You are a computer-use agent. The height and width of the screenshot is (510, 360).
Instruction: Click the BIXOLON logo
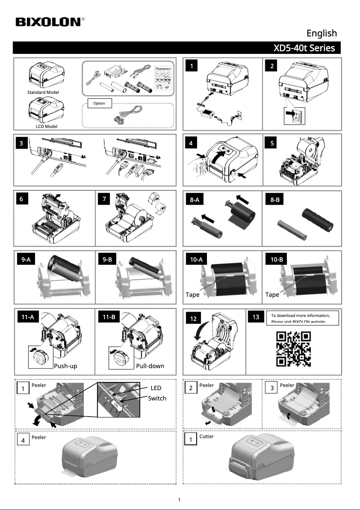[x=50, y=22]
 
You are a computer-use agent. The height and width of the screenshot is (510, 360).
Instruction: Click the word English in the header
[x=321, y=33]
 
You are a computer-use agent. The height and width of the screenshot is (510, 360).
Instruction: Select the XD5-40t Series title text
[x=304, y=48]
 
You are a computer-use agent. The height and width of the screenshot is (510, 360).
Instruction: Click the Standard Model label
[x=43, y=92]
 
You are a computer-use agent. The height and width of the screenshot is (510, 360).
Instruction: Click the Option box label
[x=99, y=103]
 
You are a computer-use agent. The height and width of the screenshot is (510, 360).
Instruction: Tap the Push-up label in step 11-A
[x=66, y=366]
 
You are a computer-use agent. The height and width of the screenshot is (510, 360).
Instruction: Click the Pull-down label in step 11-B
[x=150, y=366]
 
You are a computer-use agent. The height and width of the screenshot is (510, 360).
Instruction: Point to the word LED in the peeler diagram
[x=155, y=388]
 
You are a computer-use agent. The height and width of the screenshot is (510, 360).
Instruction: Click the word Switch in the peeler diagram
[x=157, y=398]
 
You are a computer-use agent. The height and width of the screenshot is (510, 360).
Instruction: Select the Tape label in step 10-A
[x=193, y=295]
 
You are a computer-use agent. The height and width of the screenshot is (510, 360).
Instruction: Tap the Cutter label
[x=206, y=436]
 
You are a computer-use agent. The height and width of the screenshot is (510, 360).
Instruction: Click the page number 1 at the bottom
[x=180, y=500]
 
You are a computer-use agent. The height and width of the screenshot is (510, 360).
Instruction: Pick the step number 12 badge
[x=193, y=319]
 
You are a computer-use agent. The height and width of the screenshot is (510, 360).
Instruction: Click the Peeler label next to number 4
[x=39, y=437]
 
